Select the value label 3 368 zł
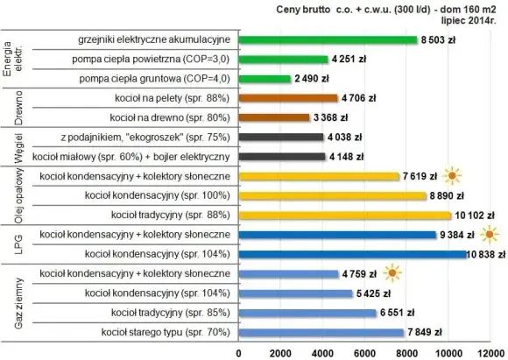coord(334,117)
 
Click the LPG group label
coord(11,244)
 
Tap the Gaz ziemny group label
coord(11,302)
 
